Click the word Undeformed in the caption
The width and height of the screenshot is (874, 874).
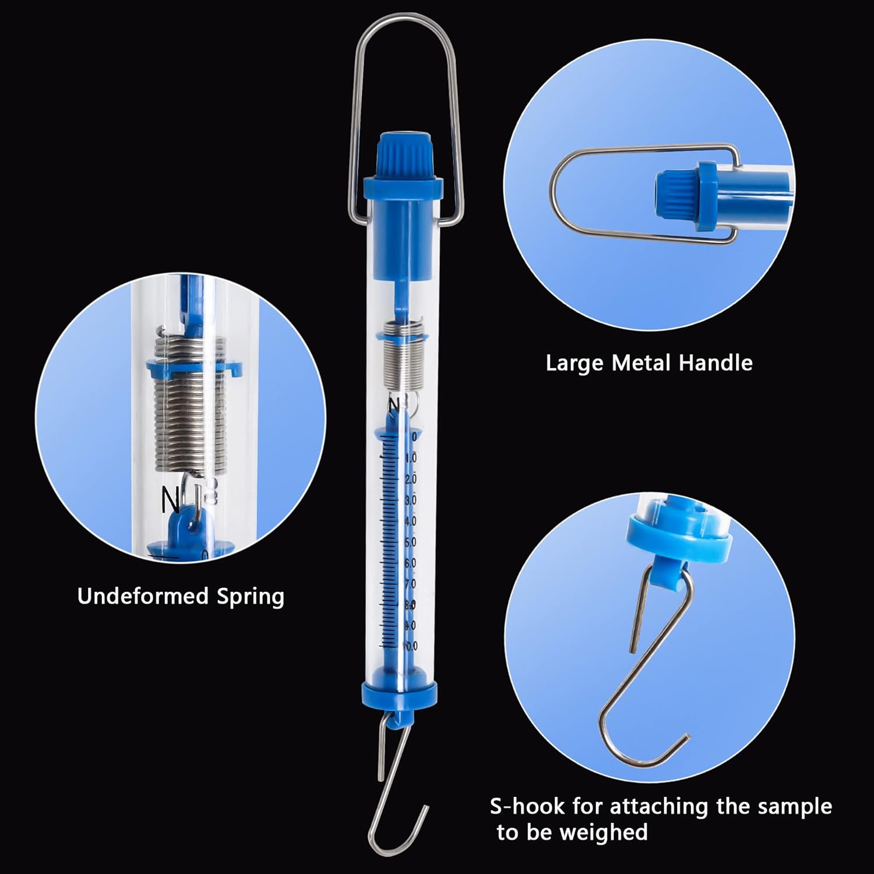tap(143, 597)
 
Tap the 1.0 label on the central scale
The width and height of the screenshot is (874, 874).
tap(411, 458)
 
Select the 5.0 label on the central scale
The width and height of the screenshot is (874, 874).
tap(410, 542)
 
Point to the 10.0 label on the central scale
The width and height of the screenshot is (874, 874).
tap(410, 646)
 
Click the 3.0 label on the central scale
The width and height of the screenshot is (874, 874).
tap(410, 500)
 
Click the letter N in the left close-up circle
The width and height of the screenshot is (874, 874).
tap(170, 498)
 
